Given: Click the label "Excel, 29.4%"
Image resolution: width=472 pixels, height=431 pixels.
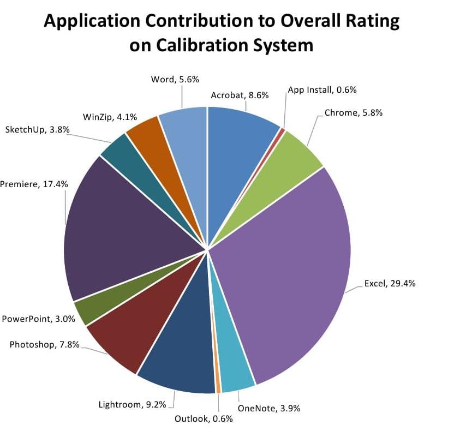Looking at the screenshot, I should pyautogui.click(x=390, y=283).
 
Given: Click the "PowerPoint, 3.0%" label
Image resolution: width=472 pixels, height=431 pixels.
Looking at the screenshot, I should pyautogui.click(x=38, y=319).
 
